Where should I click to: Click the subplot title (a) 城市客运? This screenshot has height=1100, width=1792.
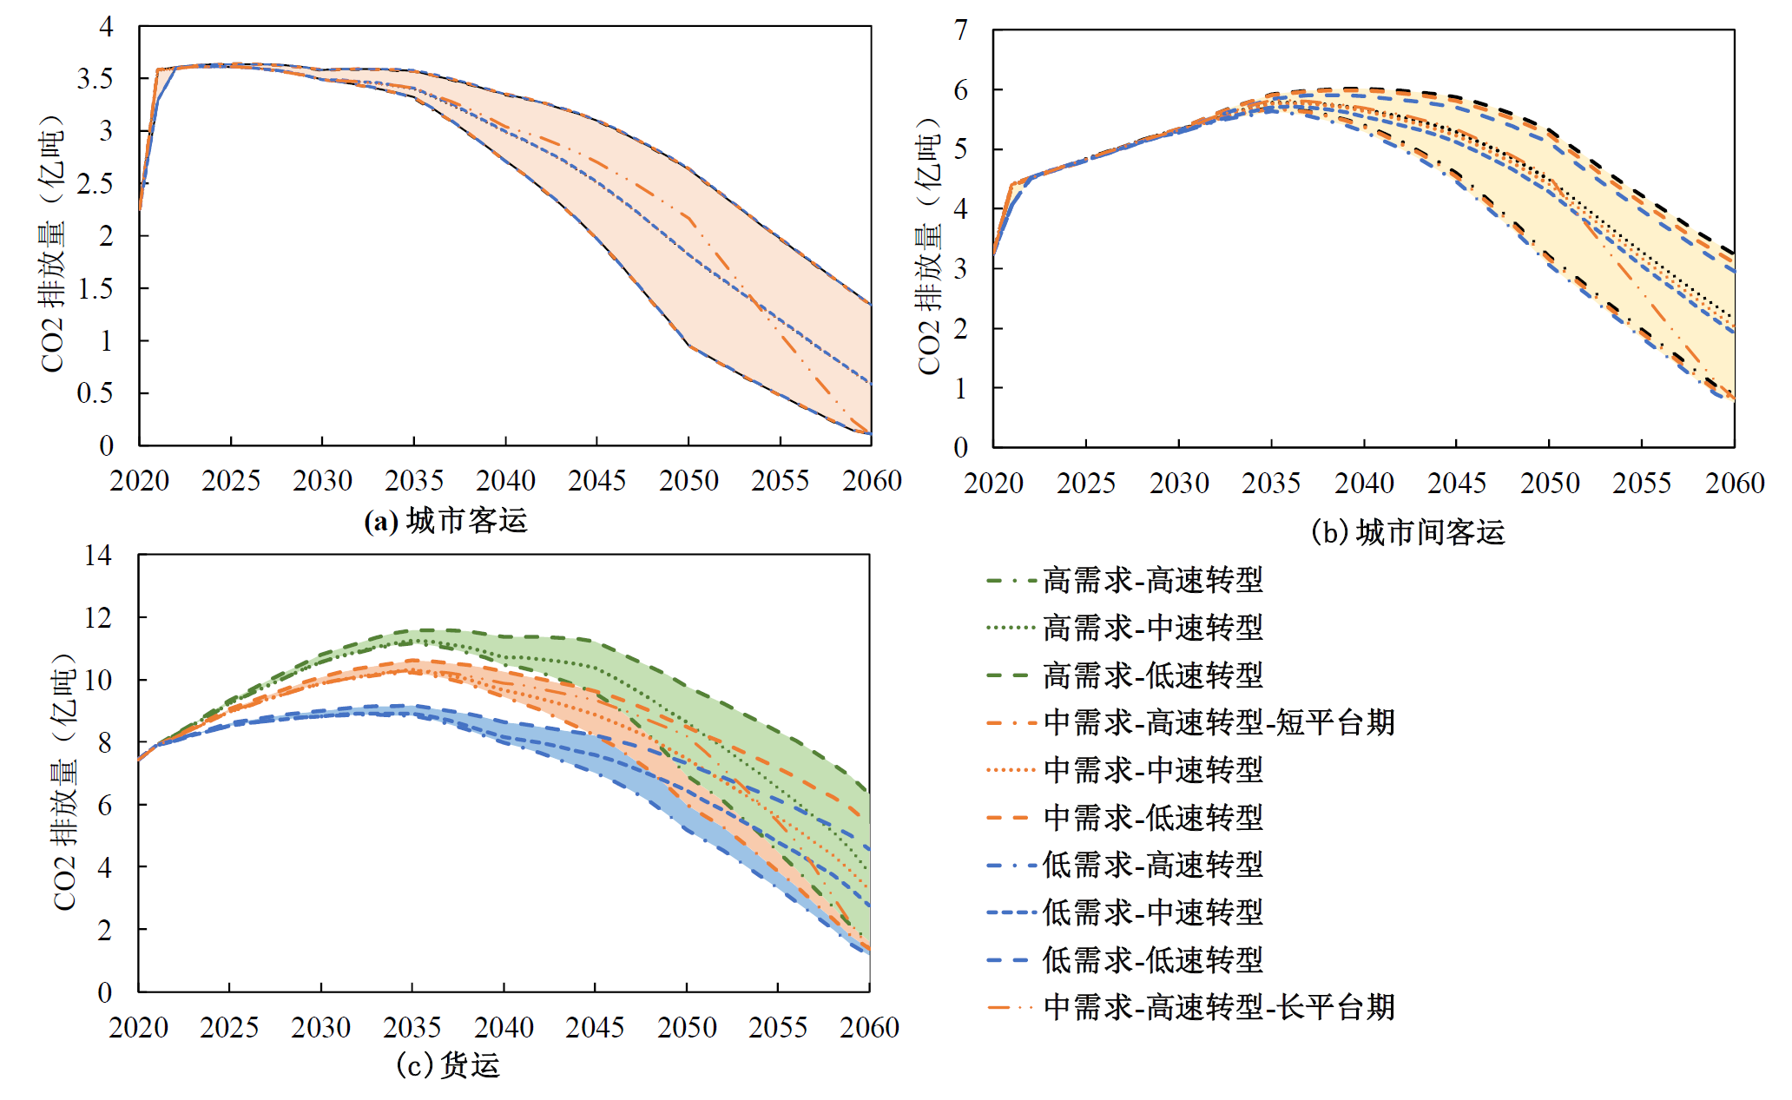click(x=445, y=521)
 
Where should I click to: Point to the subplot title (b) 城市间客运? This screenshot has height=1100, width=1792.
click(x=1407, y=532)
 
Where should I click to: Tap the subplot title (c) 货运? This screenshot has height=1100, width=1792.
click(x=448, y=1065)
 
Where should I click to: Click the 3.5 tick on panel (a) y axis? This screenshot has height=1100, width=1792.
click(x=95, y=79)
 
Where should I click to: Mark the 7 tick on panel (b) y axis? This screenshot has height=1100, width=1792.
click(x=960, y=30)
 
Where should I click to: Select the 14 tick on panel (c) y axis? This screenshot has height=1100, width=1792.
click(x=98, y=556)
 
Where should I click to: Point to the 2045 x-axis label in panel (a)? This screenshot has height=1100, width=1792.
click(x=596, y=480)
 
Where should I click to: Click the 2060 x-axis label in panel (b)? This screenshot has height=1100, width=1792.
click(x=1735, y=483)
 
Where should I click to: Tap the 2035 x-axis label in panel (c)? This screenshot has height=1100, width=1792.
click(x=412, y=1028)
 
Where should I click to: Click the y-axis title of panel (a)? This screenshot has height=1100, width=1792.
click(x=53, y=243)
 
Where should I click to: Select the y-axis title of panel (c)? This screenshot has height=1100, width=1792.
click(x=65, y=781)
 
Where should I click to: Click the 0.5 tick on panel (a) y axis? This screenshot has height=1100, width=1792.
click(x=95, y=393)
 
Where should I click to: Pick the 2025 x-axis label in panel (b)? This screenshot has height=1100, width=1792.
click(x=1085, y=483)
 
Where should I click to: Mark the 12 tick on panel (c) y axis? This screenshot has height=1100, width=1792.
click(x=98, y=618)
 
